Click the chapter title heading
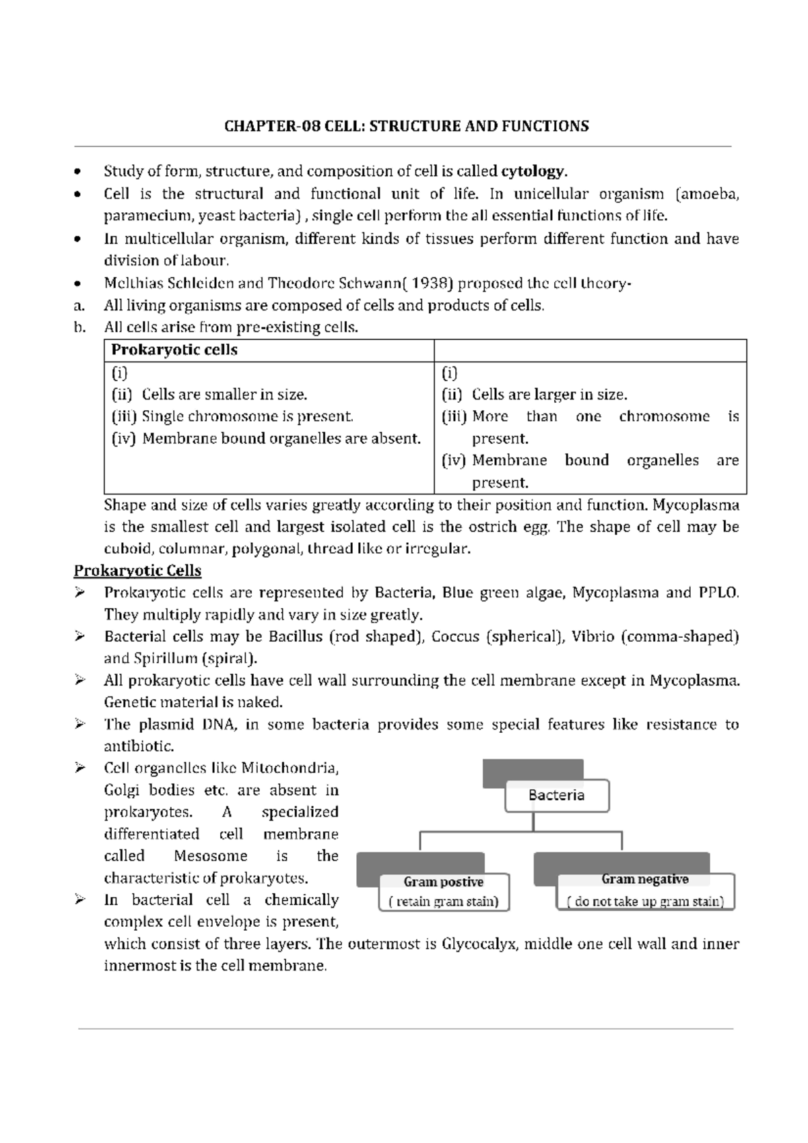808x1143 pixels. click(x=406, y=126)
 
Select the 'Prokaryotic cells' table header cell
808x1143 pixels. click(x=174, y=350)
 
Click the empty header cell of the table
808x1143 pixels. click(x=591, y=350)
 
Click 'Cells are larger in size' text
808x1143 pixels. click(x=549, y=395)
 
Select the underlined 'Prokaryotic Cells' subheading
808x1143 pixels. click(x=137, y=571)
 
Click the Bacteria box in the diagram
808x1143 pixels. click(x=557, y=795)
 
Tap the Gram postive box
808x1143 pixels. click(x=444, y=891)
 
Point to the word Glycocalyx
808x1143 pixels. click(x=480, y=944)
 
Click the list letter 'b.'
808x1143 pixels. click(x=80, y=328)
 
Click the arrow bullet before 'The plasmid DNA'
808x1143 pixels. click(x=80, y=725)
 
